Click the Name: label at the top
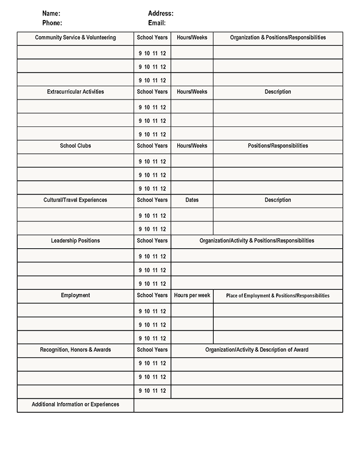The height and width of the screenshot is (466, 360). [51, 13]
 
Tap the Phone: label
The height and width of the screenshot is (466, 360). [52, 23]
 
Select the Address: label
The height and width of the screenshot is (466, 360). [161, 13]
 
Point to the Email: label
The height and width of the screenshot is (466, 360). [157, 23]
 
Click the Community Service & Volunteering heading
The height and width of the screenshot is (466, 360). [75, 38]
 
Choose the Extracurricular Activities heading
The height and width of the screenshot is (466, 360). [75, 91]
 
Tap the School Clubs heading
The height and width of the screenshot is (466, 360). [75, 146]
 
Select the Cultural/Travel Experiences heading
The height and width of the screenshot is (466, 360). [75, 200]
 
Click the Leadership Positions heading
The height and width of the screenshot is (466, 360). [75, 241]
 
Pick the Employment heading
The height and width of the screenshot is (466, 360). [75, 296]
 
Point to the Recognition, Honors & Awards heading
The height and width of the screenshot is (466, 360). [75, 349]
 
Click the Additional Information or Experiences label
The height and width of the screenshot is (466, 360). [75, 404]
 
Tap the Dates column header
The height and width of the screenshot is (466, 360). [192, 200]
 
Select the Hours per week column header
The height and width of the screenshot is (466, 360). [192, 296]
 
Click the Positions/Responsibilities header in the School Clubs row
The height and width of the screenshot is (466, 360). [278, 146]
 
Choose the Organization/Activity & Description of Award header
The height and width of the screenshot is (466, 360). [257, 349]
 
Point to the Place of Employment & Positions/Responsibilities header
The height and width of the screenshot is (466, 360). [278, 296]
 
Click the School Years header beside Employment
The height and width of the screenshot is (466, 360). [153, 296]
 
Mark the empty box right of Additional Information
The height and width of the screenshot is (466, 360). [238, 405]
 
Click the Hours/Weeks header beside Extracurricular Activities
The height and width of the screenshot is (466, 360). [192, 91]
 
